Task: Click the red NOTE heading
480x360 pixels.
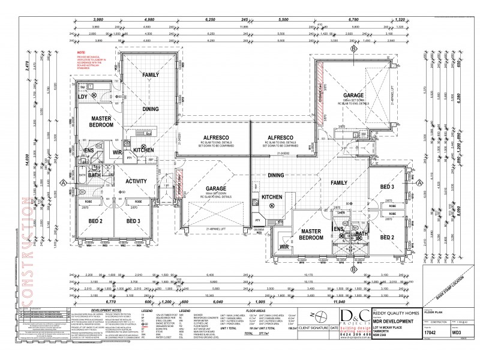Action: coord(79,53)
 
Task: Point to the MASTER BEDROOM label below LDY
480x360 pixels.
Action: coord(98,122)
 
